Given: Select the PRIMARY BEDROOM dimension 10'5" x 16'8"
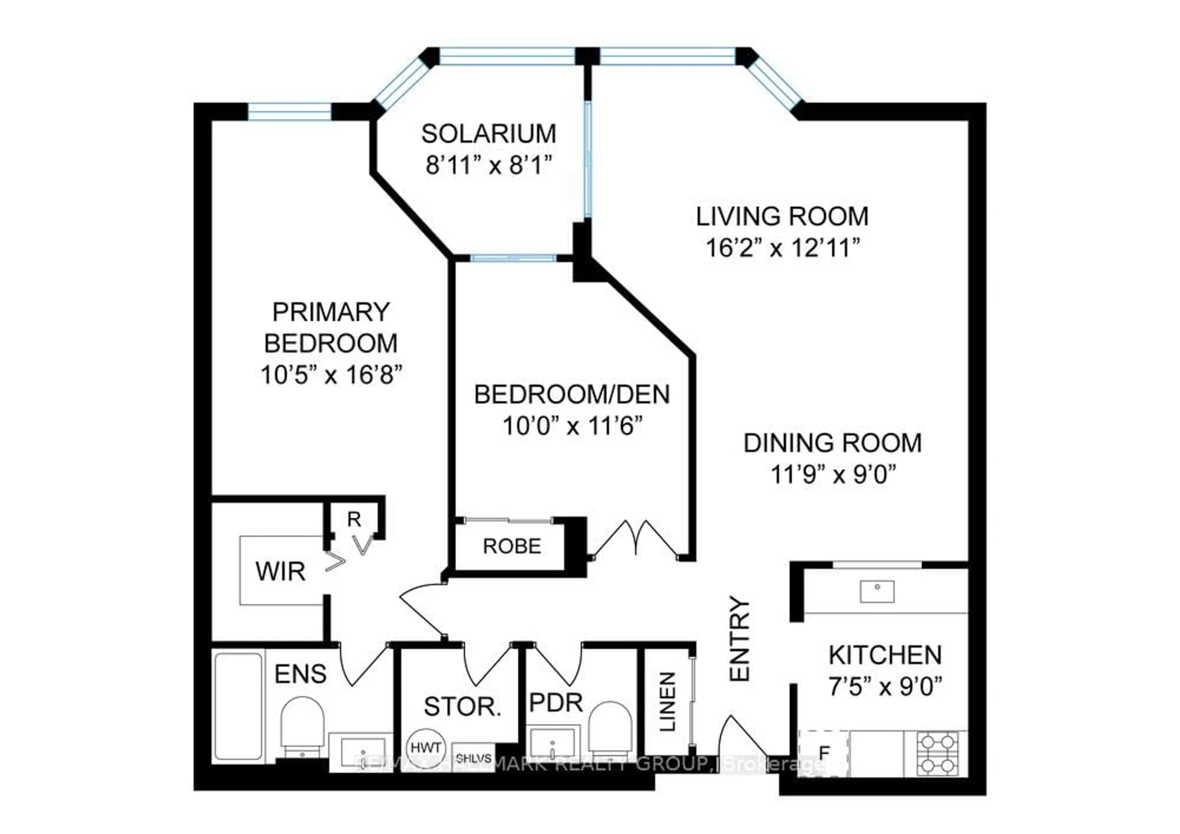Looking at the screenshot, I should click(x=330, y=374).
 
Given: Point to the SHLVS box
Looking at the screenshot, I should click(x=473, y=758).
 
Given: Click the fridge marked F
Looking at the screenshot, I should click(x=823, y=753).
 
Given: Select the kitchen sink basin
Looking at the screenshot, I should click(x=877, y=591).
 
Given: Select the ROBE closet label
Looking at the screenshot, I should click(x=512, y=546).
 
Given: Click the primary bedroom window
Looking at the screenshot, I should click(x=289, y=111).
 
